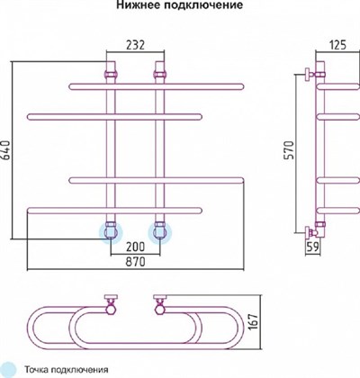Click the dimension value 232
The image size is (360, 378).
135,45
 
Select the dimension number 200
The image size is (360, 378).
135,247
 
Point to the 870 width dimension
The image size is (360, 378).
135,262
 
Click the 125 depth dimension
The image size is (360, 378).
337,45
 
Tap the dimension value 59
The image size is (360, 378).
312,247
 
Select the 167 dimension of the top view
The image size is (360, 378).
254,322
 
